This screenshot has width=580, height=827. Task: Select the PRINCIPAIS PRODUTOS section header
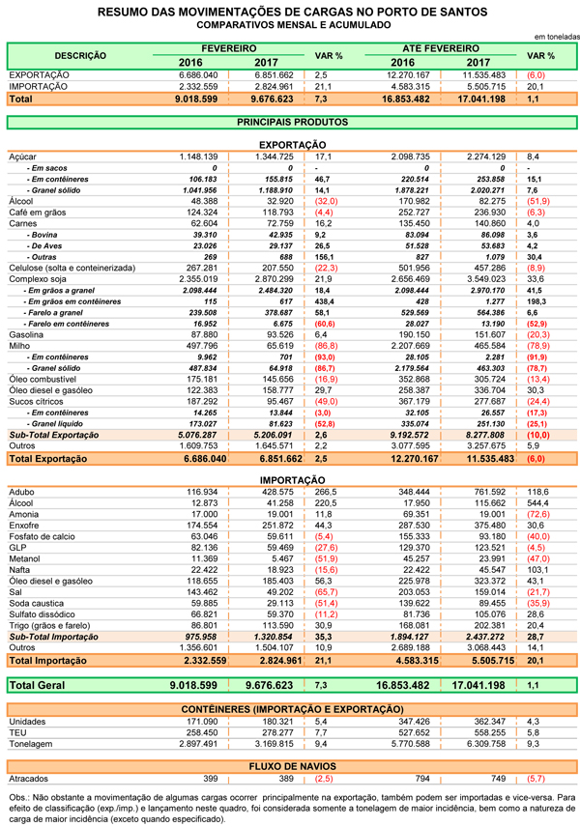point(291,123)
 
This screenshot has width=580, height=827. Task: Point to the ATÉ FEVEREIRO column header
point(441,47)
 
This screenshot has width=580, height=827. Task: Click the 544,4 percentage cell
point(538,502)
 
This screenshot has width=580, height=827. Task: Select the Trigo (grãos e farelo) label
point(49,625)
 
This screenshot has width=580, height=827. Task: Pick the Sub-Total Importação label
point(49,637)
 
